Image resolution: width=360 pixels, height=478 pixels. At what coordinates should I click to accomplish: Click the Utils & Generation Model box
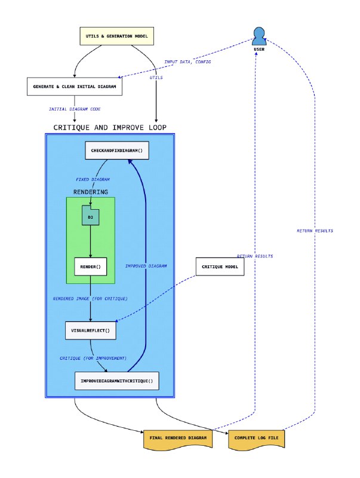point(117,36)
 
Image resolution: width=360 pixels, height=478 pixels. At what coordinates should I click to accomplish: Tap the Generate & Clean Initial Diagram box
point(75,87)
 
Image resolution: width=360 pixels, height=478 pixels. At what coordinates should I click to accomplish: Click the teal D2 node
point(90,216)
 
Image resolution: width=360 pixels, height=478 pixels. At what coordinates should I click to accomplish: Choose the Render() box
point(90,266)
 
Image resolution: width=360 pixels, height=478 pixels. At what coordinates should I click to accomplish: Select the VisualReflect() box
point(90,330)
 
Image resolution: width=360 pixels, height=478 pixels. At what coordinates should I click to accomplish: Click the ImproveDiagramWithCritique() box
point(116,381)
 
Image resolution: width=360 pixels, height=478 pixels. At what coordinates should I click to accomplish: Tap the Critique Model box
point(220,266)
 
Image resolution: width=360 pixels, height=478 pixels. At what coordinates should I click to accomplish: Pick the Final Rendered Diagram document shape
point(178,439)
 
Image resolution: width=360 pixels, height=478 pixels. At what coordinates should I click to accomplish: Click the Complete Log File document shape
point(257,439)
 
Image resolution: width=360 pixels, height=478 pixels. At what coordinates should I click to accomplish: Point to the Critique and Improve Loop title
point(110,127)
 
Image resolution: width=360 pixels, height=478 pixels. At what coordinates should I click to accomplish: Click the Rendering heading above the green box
point(91,192)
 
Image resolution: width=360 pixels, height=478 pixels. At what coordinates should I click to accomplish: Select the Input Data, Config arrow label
point(187,62)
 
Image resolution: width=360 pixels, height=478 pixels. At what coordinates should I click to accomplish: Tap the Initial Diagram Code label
point(74,109)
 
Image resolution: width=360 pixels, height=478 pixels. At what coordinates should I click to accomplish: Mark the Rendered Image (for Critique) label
point(90,298)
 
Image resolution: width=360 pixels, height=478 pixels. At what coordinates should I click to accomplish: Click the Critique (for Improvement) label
point(93,357)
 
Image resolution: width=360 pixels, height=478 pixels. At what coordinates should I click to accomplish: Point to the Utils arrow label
point(156,78)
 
